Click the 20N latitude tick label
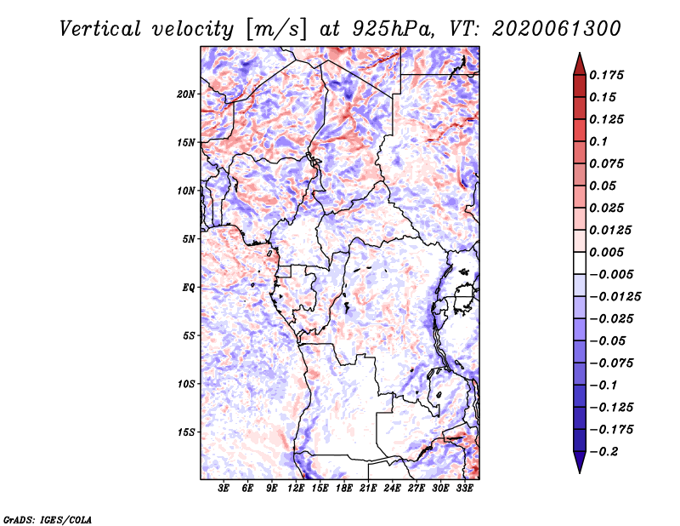185,94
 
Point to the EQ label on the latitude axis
188,288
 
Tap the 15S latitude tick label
185,432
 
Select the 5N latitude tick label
188,239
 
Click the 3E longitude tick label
224,488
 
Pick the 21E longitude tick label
368,488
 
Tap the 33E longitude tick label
464,488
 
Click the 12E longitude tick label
296,488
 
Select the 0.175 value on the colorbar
606,75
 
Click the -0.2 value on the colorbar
603,452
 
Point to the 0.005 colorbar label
606,252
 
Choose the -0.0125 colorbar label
615,297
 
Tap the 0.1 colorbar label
598,141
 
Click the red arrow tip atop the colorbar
580,54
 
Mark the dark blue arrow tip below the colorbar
580,472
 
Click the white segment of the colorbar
580,263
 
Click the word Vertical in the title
99,29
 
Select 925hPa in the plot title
392,29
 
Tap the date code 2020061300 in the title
557,29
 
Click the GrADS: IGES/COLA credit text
48,519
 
